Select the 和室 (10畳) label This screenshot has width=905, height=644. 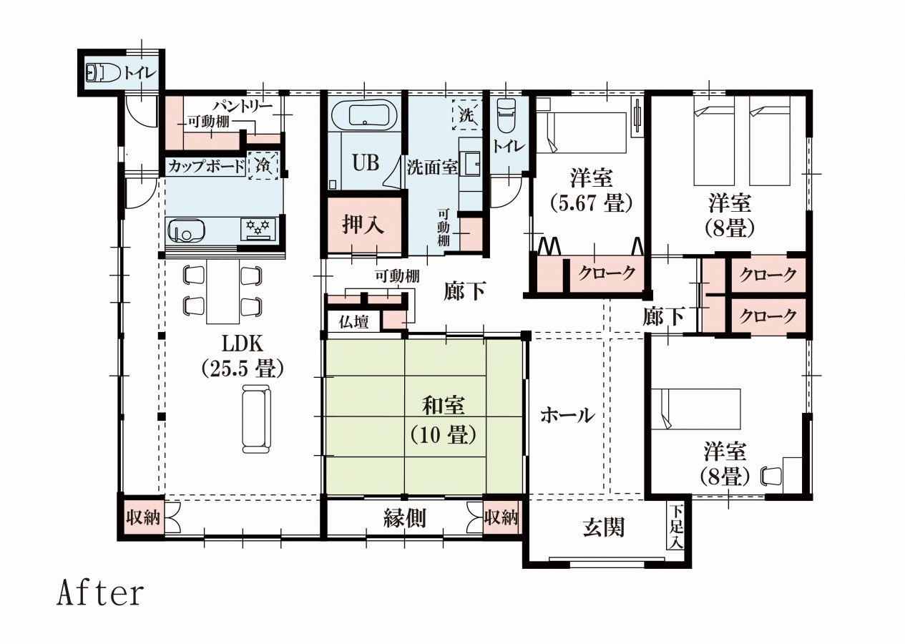coord(444,420)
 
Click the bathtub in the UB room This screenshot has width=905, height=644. coord(365,114)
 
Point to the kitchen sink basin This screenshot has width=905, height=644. coord(186,231)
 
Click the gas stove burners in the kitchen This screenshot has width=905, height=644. coord(258,229)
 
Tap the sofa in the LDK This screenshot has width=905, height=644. coord(256,419)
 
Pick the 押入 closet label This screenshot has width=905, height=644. coord(363,224)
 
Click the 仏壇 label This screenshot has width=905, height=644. coord(353,322)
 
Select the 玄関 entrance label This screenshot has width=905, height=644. coord(604,527)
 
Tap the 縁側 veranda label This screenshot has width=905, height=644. coord(404,518)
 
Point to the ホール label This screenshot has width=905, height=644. coord(567,415)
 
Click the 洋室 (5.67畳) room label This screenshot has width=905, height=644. coord(591,190)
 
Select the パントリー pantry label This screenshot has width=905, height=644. coord(243,106)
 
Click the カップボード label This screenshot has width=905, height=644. coord(206,166)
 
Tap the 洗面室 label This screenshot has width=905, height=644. coord(432,167)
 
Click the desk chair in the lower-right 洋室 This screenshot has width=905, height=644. coord(771,476)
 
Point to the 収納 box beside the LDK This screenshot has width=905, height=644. coord(142,517)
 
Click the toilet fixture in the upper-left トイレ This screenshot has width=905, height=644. coord(103,74)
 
